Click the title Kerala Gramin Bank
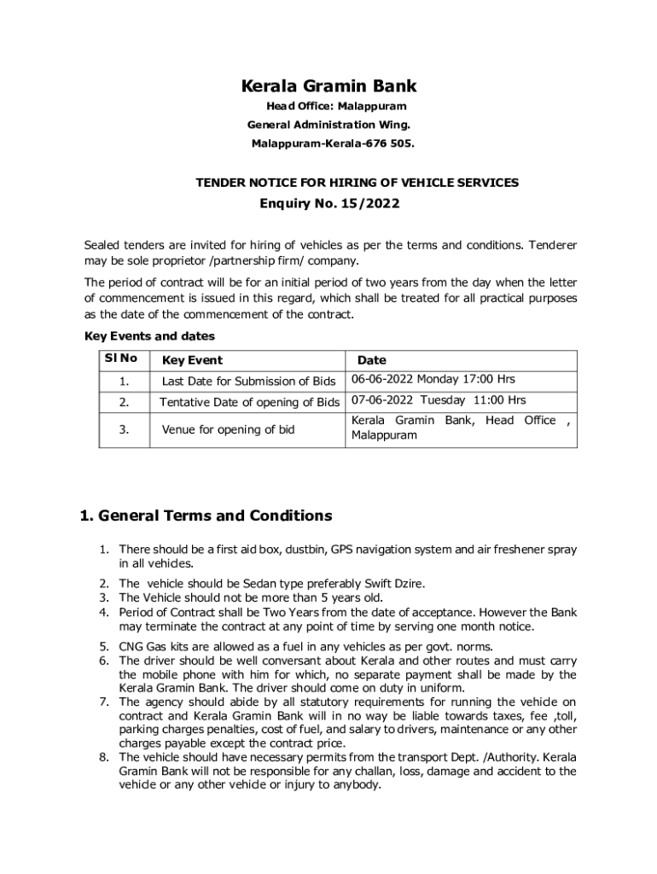pos(328,86)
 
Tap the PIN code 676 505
pos(391,143)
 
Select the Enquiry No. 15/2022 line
pos(328,204)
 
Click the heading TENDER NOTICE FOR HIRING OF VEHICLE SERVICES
pos(357,183)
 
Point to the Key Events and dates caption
pos(149,336)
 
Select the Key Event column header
pos(192,361)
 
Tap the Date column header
pos(371,361)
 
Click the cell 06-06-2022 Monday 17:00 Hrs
pos(433,380)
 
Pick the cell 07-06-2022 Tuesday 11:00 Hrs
pos(438,400)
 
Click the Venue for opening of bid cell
pos(228,429)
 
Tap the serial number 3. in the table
pos(125,429)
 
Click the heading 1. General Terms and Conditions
pos(206,516)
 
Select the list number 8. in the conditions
pos(103,757)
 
